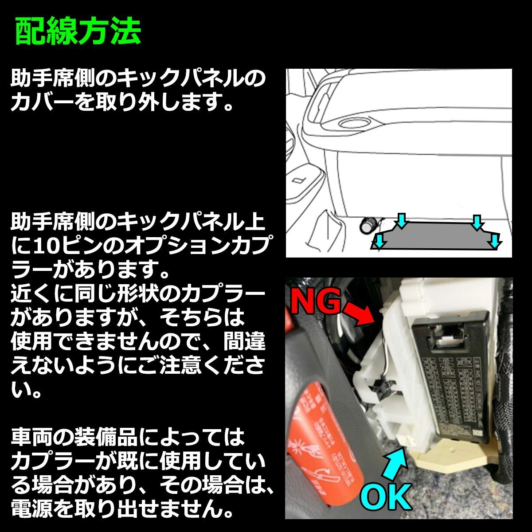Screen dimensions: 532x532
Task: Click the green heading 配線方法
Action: coord(78,32)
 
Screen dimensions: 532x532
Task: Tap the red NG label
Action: coord(316,302)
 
